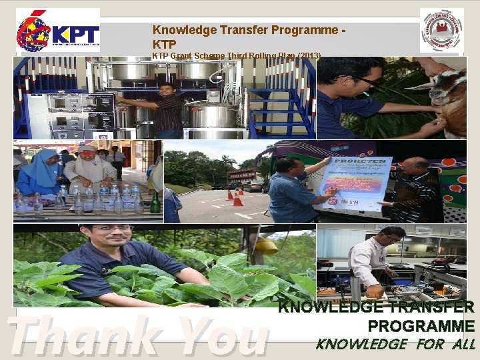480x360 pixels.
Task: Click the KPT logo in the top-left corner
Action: click(58, 30)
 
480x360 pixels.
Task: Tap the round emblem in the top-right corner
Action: click(441, 30)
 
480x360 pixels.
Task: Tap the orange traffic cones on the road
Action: click(234, 197)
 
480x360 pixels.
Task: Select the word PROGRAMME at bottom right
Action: click(421, 326)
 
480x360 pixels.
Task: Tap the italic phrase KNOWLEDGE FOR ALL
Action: click(395, 345)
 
